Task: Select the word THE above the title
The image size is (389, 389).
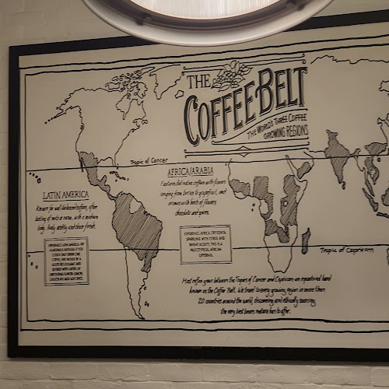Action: [199, 81]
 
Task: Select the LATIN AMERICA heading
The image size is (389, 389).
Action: [65, 195]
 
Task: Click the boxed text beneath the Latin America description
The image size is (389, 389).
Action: [66, 261]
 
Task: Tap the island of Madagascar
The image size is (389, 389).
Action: [306, 240]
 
